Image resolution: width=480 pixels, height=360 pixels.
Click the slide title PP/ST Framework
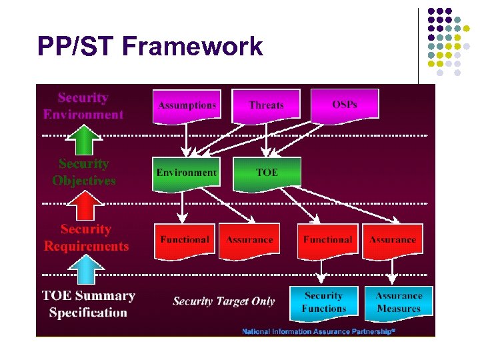point(150,47)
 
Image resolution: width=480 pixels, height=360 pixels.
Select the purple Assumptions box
point(187,105)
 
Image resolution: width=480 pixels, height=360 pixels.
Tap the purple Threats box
point(266,105)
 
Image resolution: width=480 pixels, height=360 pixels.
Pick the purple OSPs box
point(345,105)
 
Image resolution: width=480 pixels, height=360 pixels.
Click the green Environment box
point(187,173)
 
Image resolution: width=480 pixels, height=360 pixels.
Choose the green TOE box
point(267,173)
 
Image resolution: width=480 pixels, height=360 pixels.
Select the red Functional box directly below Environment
point(185,240)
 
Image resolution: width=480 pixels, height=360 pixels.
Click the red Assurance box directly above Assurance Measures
point(393,240)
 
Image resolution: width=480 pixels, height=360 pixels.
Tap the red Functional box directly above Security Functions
point(327,240)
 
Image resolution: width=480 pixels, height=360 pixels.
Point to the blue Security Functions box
point(323,302)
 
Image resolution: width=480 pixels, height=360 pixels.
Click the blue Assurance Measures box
point(399,302)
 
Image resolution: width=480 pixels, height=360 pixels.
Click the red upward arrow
point(83,205)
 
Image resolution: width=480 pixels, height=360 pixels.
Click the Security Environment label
point(83,106)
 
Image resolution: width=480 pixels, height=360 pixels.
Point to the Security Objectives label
point(83,172)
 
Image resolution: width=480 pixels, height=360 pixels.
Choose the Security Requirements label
point(86,238)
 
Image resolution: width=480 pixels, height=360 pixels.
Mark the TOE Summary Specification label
point(88,304)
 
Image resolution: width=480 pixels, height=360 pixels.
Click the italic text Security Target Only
point(223,301)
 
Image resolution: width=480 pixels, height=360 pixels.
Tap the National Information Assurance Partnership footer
point(319,331)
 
